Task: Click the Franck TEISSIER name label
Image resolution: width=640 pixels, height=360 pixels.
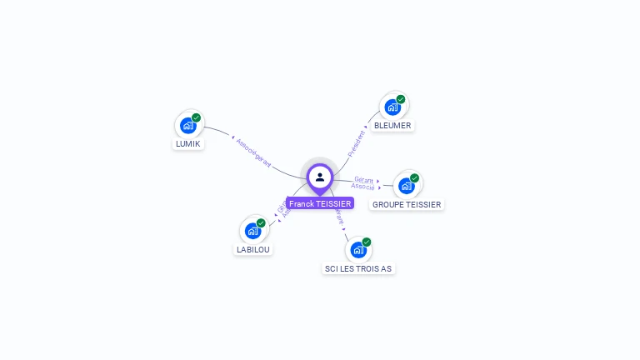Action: click(x=320, y=203)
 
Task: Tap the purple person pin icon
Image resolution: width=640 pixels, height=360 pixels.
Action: click(x=320, y=177)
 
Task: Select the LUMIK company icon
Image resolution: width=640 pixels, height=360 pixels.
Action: click(x=188, y=127)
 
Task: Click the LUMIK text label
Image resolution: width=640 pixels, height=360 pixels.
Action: click(x=188, y=143)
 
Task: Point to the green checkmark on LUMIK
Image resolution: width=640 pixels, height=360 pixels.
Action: click(x=197, y=117)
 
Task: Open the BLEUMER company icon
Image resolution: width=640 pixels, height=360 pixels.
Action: click(x=392, y=108)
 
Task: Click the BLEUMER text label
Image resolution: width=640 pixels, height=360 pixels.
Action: click(x=392, y=125)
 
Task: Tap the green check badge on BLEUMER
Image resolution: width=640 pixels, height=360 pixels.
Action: click(x=401, y=99)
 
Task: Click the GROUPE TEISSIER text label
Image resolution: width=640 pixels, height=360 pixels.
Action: click(x=407, y=204)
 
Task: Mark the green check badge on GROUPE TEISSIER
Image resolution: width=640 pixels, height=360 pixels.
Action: click(x=415, y=177)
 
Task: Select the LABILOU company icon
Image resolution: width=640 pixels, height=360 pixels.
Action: click(x=252, y=232)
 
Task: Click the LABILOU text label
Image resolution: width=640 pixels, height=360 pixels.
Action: click(x=253, y=249)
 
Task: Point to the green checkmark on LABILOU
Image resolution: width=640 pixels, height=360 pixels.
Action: click(x=261, y=223)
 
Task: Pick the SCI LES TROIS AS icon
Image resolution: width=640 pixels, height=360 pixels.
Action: click(x=358, y=251)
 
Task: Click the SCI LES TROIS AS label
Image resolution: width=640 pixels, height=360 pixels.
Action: click(x=358, y=268)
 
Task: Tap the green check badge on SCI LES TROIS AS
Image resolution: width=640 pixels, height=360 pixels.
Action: click(x=367, y=242)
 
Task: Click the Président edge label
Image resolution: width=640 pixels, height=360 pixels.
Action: click(x=357, y=143)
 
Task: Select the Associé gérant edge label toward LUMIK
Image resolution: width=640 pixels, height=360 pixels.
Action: click(x=254, y=152)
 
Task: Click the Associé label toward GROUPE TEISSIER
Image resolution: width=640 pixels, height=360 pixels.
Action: click(x=363, y=187)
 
